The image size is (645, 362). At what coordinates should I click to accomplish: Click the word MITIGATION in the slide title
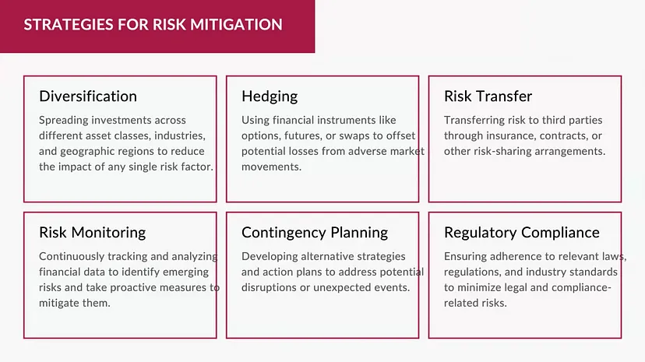click(236, 25)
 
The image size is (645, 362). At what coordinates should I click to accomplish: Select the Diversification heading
click(88, 97)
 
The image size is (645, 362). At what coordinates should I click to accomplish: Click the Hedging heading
click(270, 97)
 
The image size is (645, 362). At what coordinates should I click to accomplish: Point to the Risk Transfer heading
click(488, 97)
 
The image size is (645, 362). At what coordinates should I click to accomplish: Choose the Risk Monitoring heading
click(93, 233)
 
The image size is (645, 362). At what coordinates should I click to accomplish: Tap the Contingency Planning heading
click(315, 233)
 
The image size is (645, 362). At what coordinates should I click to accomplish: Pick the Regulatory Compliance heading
click(522, 233)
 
